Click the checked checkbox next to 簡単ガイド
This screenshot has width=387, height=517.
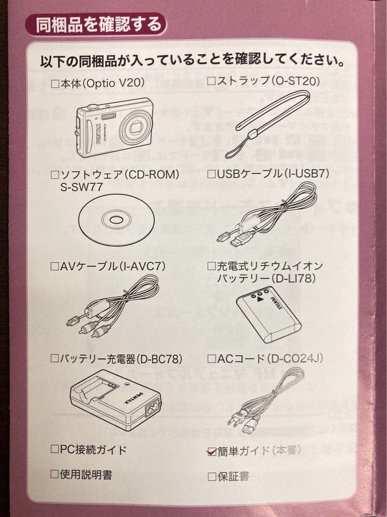pos(212,451)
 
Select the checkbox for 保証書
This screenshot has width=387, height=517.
pos(212,476)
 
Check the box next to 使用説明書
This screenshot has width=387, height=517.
pos(55,474)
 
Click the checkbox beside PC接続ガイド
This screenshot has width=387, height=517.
pos(55,450)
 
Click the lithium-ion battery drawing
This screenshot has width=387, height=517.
pos(268,314)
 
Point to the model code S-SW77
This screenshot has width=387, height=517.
pos(81,187)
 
